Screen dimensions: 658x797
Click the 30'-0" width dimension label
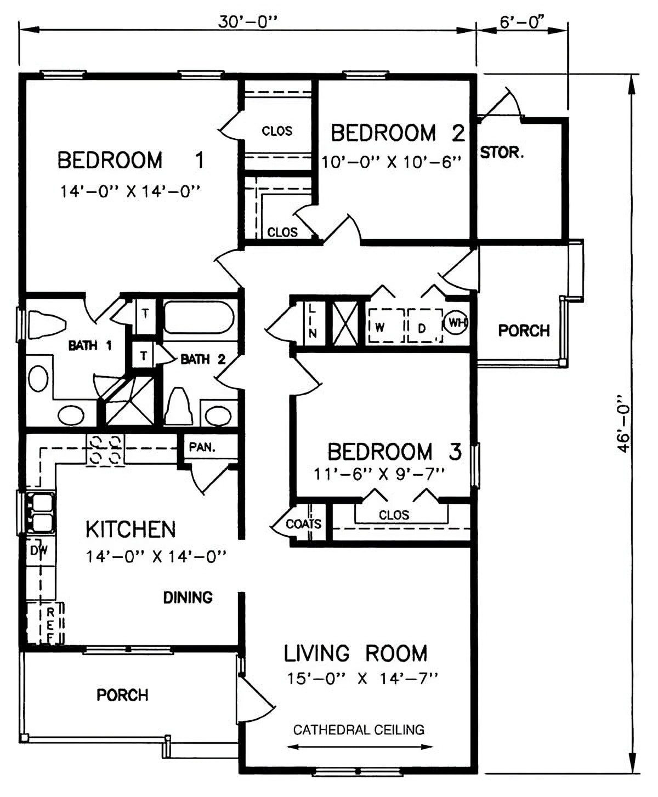click(x=247, y=22)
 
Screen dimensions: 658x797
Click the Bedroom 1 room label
click(x=131, y=160)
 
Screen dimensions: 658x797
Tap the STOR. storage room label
click(x=502, y=153)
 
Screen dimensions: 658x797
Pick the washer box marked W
click(x=385, y=325)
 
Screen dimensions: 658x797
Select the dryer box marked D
click(x=425, y=325)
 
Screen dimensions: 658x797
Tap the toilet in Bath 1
click(x=46, y=324)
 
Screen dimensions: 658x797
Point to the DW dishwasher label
click(x=39, y=550)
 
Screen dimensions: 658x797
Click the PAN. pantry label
click(x=202, y=447)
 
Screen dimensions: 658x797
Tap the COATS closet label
click(x=303, y=523)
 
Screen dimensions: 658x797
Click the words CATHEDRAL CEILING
click(x=359, y=730)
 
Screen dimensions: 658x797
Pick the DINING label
click(x=188, y=597)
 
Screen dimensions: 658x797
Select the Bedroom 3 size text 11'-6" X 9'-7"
click(x=379, y=475)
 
